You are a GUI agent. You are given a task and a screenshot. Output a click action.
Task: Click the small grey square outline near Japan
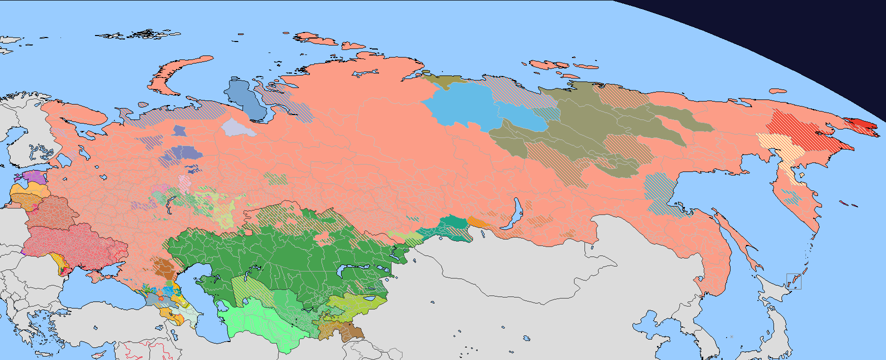[x=793, y=281]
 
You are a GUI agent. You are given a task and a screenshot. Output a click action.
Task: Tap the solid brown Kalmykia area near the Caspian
[x=163, y=267]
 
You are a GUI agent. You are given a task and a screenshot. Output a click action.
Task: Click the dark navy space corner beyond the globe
[x=825, y=30]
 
